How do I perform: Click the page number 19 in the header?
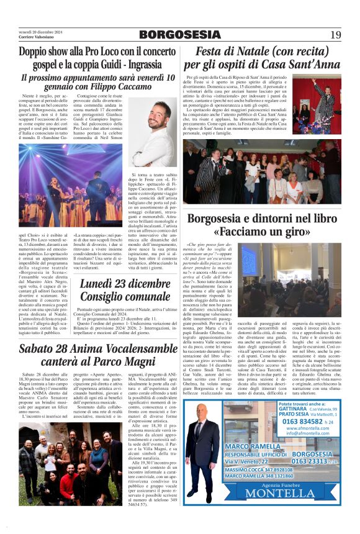pyautogui.click(x=335, y=35)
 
